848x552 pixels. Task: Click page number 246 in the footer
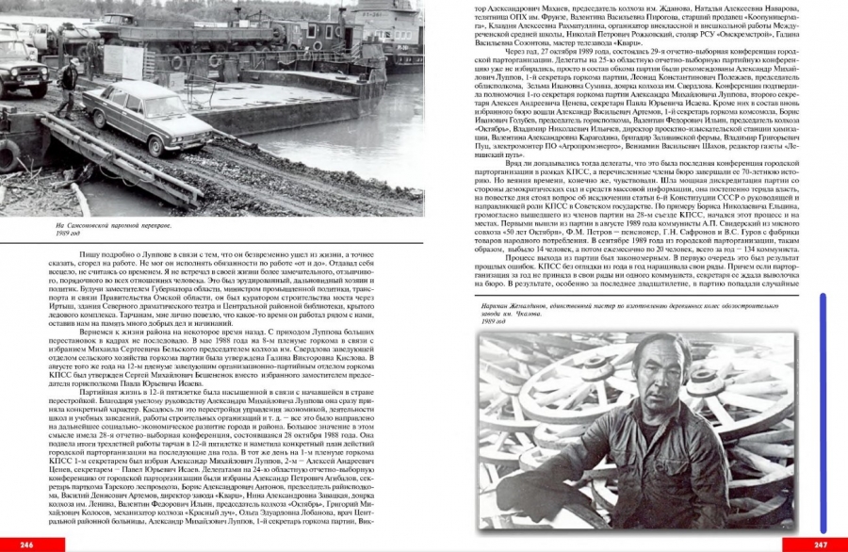pyautogui.click(x=26, y=544)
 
